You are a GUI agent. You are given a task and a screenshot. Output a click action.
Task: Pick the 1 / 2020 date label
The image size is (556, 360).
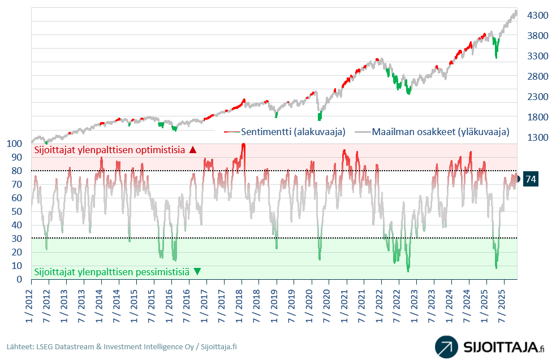pos(309,306)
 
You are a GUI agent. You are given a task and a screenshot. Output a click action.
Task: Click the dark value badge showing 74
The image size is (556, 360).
pos(531,179)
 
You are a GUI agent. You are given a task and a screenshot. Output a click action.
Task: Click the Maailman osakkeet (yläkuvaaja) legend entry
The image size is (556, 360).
pos(433,132)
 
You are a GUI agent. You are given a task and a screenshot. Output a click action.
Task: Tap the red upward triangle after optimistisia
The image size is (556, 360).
pos(193,150)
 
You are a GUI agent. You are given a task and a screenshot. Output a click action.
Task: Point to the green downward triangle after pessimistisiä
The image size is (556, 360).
pos(197,271)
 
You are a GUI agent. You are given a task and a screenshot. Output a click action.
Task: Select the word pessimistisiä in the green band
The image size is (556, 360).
pos(162,271)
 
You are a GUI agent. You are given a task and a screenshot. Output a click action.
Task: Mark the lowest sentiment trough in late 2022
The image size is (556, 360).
pos(408,271)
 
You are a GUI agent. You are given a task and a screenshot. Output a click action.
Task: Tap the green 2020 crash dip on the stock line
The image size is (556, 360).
pos(320,116)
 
